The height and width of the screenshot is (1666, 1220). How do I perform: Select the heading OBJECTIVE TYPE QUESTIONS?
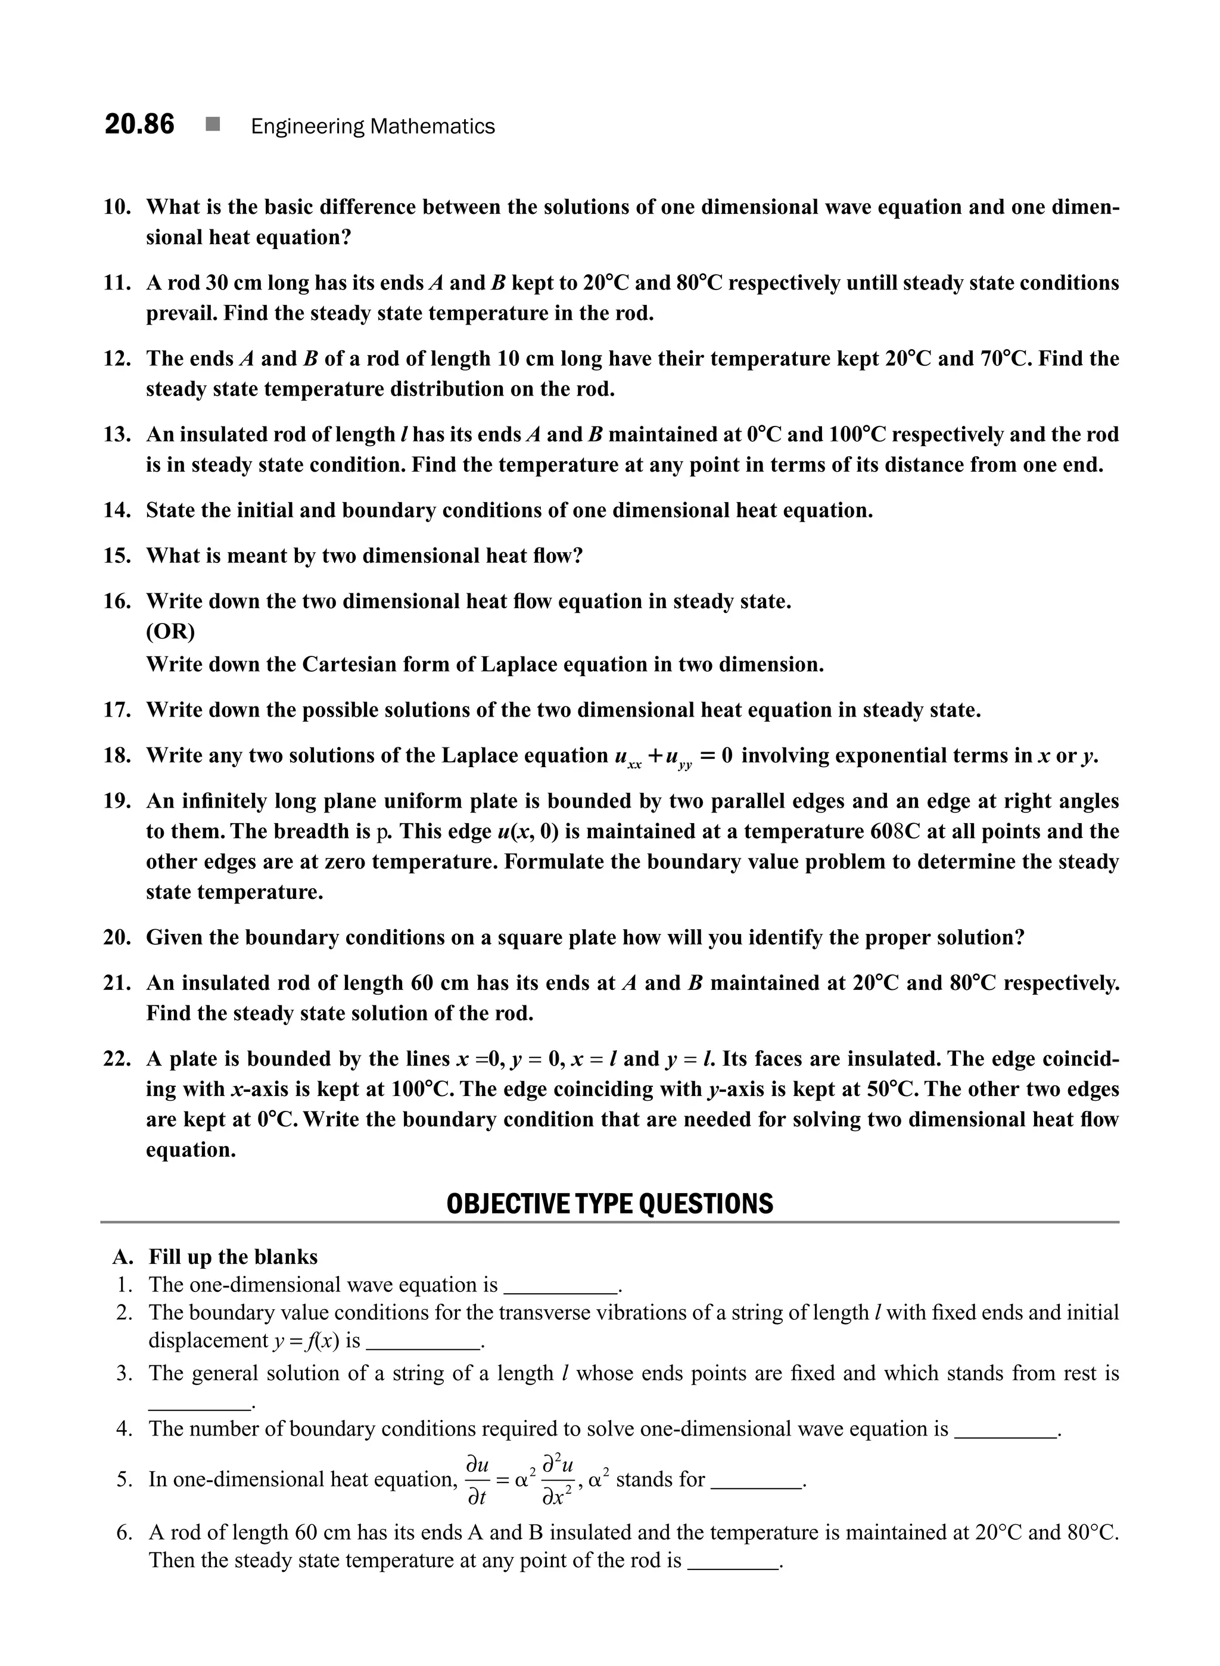point(609,1204)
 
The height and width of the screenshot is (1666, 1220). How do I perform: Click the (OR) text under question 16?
point(170,632)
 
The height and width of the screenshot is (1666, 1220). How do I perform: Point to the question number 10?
point(117,207)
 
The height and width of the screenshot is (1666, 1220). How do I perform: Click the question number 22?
point(117,1059)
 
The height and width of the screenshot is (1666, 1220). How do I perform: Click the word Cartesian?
point(349,665)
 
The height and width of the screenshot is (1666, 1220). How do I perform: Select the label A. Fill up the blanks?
point(215,1257)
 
